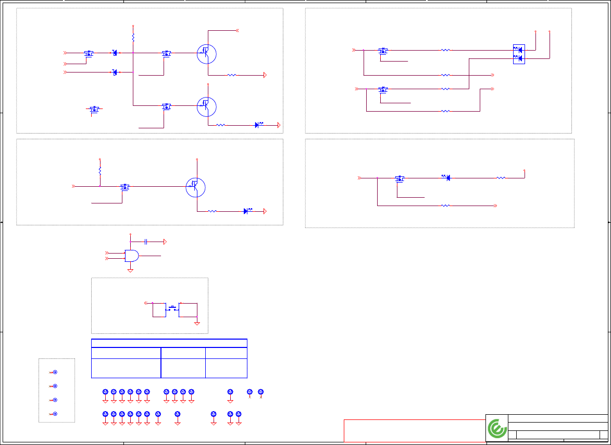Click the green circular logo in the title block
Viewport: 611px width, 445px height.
point(497,429)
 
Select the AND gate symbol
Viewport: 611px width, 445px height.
point(132,256)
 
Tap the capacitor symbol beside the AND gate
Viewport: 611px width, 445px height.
point(146,242)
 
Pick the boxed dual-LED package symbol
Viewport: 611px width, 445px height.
point(519,54)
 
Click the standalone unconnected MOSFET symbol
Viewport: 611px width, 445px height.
point(94,109)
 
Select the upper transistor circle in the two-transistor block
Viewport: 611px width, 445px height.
point(206,53)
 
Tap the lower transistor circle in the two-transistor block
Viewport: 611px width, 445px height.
point(206,106)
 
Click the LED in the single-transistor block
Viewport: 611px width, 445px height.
point(246,211)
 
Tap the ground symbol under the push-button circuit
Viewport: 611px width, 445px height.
point(197,323)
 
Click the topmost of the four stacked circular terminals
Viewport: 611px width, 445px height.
point(55,372)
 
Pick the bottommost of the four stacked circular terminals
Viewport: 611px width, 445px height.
point(55,414)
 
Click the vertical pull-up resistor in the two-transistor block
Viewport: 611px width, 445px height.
point(133,38)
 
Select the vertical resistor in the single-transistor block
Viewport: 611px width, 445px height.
point(99,171)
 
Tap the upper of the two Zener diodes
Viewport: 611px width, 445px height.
point(115,53)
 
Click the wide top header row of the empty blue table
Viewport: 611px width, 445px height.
point(169,343)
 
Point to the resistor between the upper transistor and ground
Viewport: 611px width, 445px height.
point(232,75)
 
